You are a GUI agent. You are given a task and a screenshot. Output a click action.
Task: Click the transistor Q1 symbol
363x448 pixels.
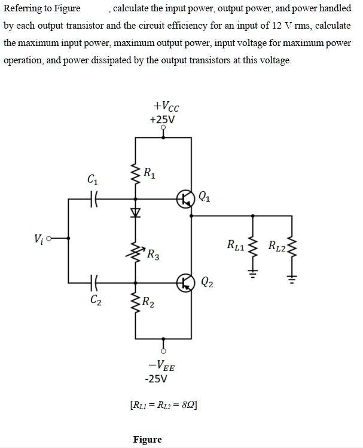click(x=185, y=199)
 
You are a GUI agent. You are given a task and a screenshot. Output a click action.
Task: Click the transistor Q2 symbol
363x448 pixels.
click(x=185, y=283)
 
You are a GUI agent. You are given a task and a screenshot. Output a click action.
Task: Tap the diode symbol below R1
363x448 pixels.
click(x=135, y=212)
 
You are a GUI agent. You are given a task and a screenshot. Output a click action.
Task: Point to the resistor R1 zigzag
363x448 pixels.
click(x=136, y=174)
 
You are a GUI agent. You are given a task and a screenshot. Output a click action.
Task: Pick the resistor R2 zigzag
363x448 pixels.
click(x=136, y=303)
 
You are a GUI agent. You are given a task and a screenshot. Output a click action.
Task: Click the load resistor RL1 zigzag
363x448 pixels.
click(x=252, y=246)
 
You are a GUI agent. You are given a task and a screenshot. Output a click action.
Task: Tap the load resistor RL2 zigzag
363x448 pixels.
click(x=292, y=246)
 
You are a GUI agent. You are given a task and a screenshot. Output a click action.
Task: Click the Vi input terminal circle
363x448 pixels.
click(x=49, y=238)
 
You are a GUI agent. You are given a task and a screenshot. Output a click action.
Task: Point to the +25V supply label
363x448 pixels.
click(x=162, y=119)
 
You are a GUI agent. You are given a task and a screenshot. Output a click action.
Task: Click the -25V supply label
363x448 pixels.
click(x=156, y=379)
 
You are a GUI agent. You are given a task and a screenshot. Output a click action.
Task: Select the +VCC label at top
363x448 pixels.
click(x=166, y=106)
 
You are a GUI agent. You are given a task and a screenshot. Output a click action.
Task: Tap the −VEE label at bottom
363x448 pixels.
click(x=161, y=366)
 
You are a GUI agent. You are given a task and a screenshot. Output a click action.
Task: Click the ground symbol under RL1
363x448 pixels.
click(x=252, y=274)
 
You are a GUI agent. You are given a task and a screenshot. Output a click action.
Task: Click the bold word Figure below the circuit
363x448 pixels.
click(x=147, y=440)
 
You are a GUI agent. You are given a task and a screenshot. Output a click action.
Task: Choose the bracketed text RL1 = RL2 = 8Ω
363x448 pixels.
click(x=164, y=405)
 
